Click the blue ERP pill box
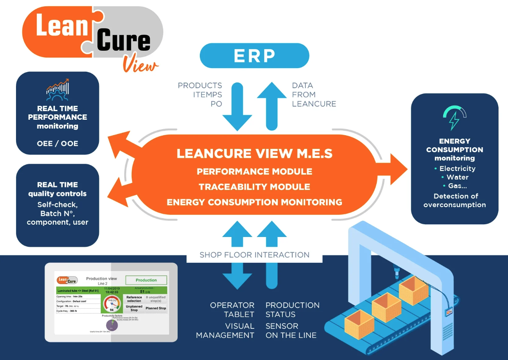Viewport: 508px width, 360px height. point(254,56)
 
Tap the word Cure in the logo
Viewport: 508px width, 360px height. point(124,41)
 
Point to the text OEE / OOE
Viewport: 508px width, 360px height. point(57,144)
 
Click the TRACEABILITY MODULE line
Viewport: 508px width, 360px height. point(254,187)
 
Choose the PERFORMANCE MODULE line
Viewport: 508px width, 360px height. point(254,171)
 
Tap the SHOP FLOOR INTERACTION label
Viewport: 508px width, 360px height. point(254,255)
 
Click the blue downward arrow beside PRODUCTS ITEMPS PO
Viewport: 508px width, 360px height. point(237,107)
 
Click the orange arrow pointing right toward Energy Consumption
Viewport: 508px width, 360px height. point(396,169)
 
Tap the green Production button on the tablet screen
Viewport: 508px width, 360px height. point(146,280)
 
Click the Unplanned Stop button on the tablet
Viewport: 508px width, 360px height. point(134,308)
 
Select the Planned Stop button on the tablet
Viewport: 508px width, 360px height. point(156,308)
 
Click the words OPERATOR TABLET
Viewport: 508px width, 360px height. point(232,310)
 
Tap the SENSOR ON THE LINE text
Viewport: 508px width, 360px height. point(291,330)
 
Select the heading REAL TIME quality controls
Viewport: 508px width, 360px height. point(57,189)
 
